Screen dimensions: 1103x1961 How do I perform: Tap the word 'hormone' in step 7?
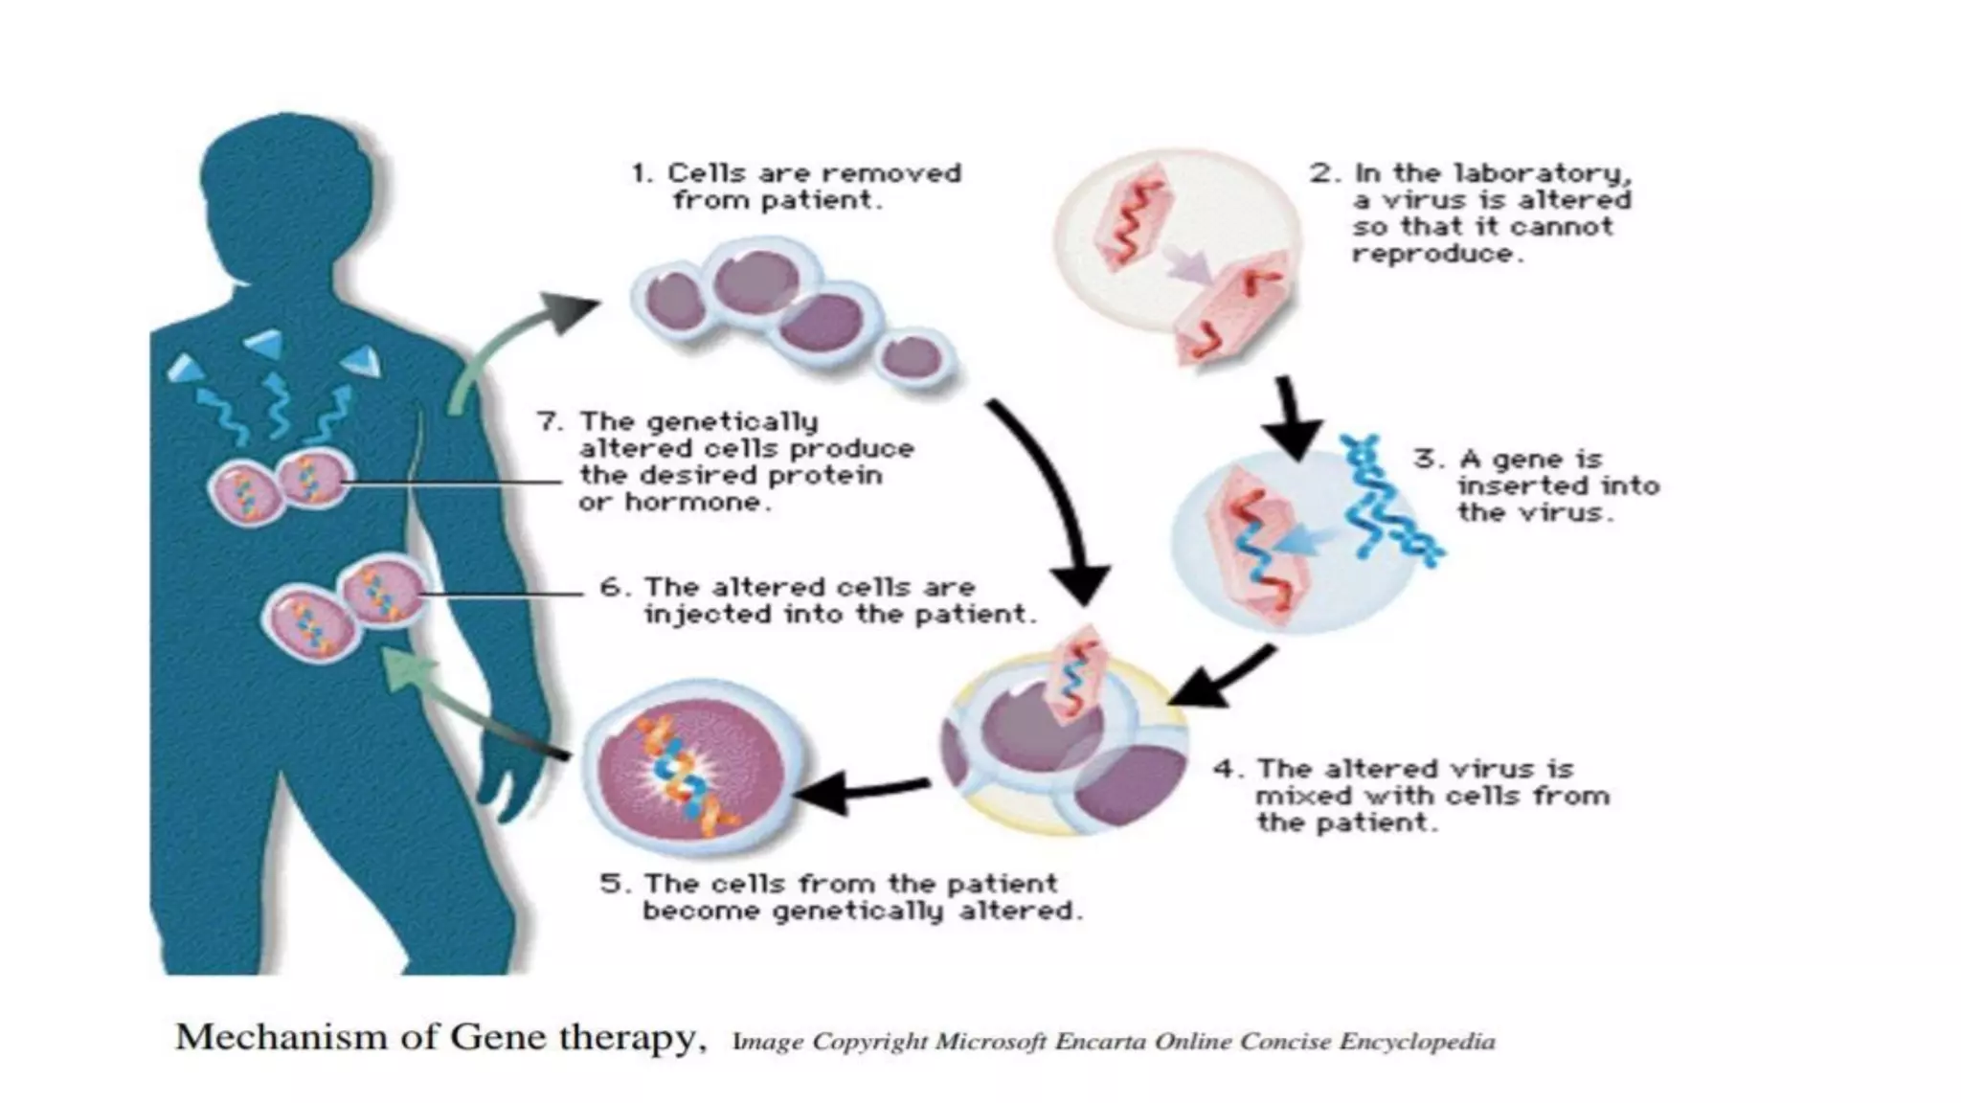click(697, 503)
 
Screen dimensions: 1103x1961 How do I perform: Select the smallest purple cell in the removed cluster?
click(913, 357)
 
